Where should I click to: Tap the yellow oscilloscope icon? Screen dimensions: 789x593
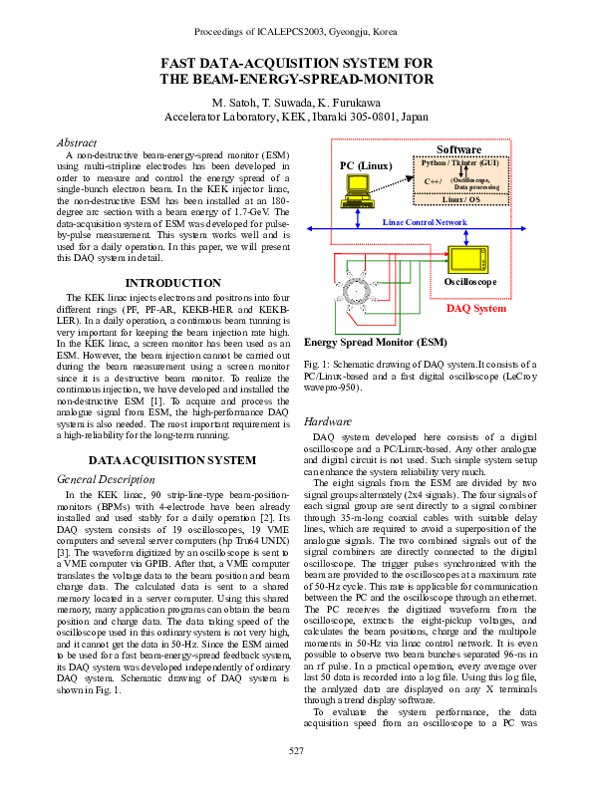(465, 260)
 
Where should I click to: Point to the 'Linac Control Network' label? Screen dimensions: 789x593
(425, 221)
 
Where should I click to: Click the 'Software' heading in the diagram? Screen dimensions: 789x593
(459, 149)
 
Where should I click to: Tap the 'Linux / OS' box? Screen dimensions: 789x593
(458, 199)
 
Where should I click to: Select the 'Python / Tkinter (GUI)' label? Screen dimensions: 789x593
(459, 161)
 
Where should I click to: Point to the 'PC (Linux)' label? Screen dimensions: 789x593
(366, 165)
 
